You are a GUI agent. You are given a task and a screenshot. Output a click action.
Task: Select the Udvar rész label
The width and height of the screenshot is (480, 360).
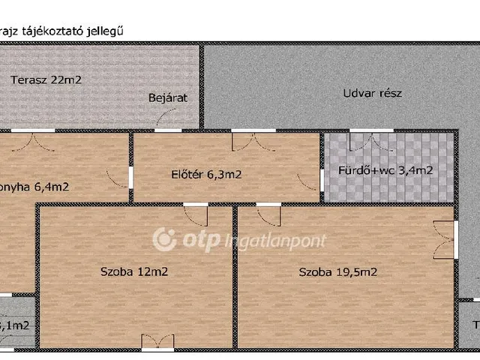pyautogui.click(x=372, y=94)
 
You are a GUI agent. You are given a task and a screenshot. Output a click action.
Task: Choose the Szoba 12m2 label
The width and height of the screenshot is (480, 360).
pyautogui.click(x=133, y=271)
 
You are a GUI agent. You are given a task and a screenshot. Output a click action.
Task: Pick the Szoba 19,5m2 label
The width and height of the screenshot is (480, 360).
pyautogui.click(x=337, y=271)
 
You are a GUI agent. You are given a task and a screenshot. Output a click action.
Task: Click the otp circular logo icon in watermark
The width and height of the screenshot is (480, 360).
pyautogui.click(x=165, y=240)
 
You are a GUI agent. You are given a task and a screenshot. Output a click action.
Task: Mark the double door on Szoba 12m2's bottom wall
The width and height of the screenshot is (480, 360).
pyautogui.click(x=157, y=342)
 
